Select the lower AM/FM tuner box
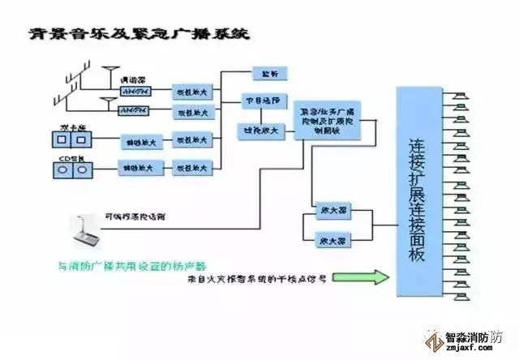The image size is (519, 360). (x=133, y=109)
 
